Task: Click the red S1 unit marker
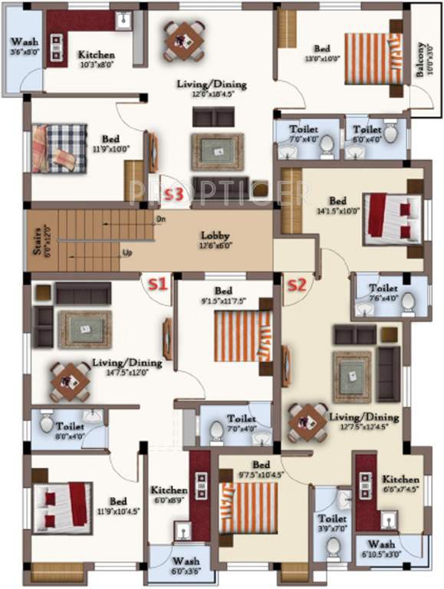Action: [x=157, y=284]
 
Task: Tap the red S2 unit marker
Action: [x=296, y=286]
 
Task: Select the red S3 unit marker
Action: [x=174, y=195]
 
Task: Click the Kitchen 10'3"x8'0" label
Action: [x=97, y=60]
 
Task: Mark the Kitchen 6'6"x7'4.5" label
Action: [x=401, y=483]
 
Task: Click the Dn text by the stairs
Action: [x=161, y=220]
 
